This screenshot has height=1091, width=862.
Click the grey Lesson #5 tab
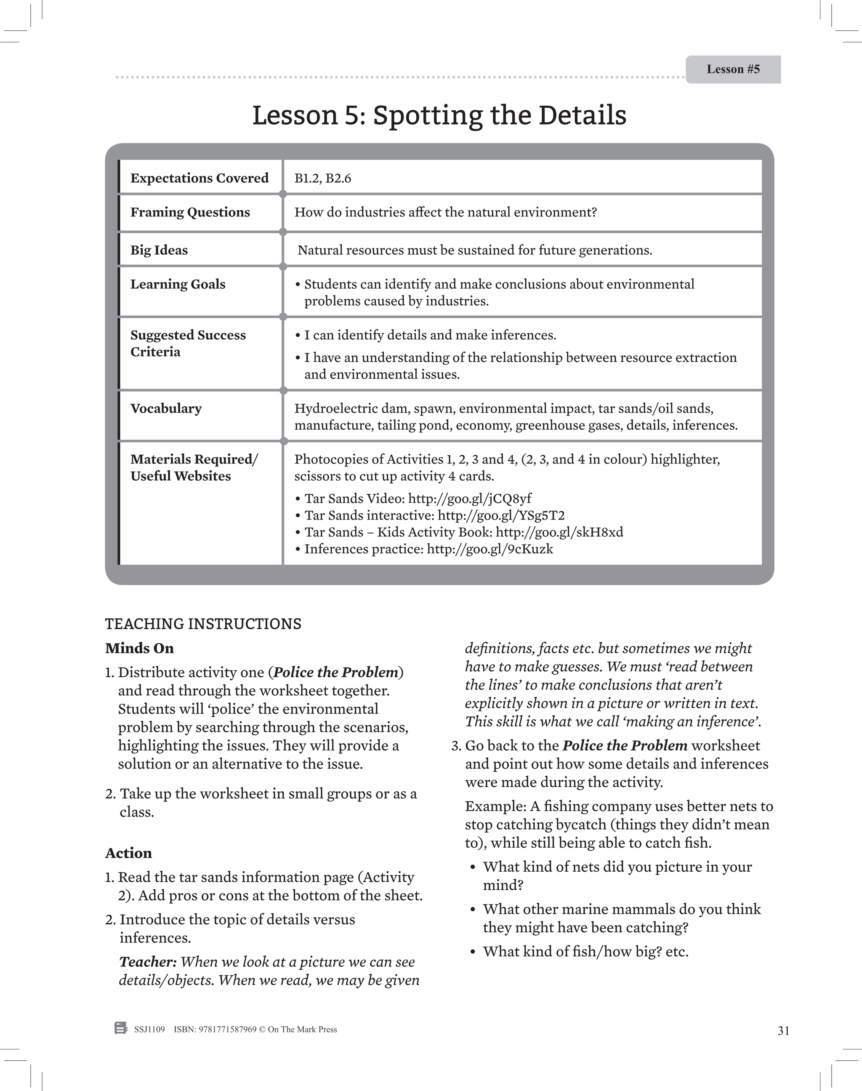coord(733,69)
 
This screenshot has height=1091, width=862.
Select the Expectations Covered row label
coord(200,178)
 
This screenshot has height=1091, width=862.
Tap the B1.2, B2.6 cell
coord(322,178)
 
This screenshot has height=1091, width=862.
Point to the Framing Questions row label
coord(190,212)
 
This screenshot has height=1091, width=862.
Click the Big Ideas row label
coord(159,250)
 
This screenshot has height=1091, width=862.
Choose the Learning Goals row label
coord(178,284)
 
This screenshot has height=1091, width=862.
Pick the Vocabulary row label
coord(165,408)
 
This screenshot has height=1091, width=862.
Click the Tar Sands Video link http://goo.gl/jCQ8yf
coord(469,499)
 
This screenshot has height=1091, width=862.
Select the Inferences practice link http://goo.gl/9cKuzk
coord(490,549)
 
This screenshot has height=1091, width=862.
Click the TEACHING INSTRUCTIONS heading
coord(203,624)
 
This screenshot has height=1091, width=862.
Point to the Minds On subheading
coord(139,649)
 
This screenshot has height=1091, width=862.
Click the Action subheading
coord(128,853)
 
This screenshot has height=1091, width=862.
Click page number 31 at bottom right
coord(783,1031)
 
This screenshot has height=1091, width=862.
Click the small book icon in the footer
coord(121,1028)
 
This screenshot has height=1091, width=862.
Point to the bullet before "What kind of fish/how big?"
coord(472,952)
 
